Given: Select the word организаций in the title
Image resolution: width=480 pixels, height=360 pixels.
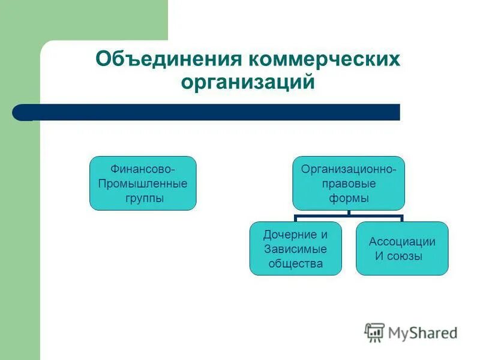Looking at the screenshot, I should pos(248,82).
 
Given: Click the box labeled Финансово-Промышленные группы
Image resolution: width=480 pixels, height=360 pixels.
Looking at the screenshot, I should pos(143,183).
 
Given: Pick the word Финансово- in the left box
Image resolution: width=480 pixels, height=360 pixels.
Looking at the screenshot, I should pos(143,169).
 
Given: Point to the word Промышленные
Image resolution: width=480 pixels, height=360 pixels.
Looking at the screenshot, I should pos(143,183).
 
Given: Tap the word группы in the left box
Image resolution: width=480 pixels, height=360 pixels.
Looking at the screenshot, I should pos(143,198).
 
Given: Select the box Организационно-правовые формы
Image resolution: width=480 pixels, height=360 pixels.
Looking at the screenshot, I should pos(349,183).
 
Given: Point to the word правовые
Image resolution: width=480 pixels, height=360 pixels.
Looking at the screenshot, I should pos(349,184).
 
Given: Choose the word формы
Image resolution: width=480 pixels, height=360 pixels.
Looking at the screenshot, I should pos(349,198).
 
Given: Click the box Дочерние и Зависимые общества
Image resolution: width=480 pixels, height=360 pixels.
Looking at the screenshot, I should pos(295,248).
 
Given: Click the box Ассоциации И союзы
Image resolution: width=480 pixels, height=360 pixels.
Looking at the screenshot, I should pos(402,248).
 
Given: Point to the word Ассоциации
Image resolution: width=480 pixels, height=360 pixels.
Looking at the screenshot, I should pos(403,242).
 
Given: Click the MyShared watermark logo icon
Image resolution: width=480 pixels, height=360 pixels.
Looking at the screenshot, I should pos(375,332).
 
